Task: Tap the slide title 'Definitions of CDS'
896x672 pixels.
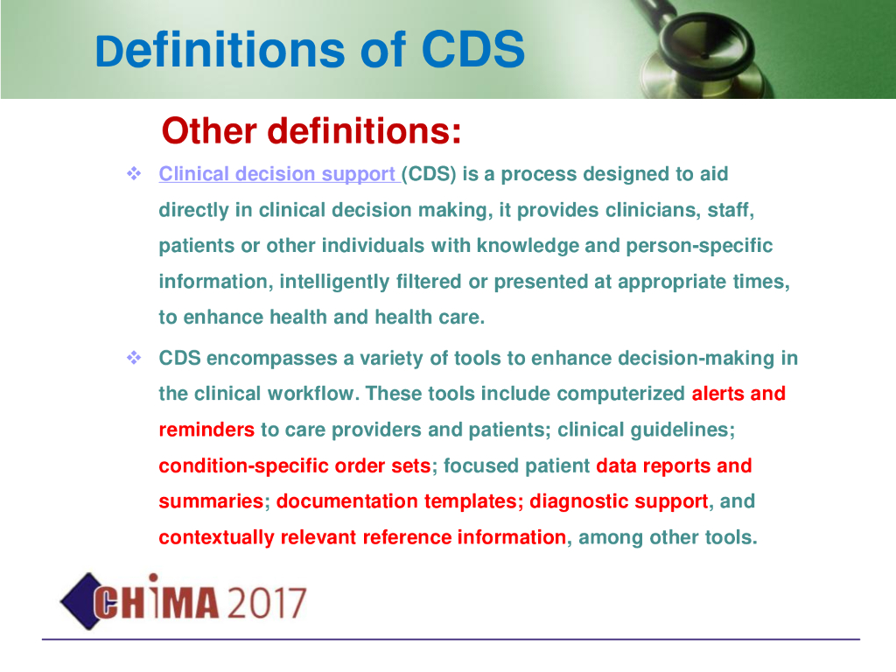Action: point(310,50)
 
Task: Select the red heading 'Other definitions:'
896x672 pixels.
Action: point(311,131)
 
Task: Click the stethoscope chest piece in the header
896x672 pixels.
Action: point(704,57)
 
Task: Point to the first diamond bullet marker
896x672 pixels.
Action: point(134,173)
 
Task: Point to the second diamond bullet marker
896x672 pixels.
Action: point(134,358)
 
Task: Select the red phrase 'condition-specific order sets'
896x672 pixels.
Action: point(294,465)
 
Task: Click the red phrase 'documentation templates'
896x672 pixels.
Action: point(396,501)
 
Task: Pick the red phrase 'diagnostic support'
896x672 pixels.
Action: point(619,501)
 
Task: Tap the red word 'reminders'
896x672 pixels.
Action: point(206,430)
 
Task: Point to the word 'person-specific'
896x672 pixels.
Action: point(699,246)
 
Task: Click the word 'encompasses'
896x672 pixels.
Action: point(271,359)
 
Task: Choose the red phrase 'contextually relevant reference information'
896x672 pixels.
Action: point(362,537)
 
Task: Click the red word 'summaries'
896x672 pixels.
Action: point(211,501)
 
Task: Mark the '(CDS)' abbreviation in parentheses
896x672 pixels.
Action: point(429,174)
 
